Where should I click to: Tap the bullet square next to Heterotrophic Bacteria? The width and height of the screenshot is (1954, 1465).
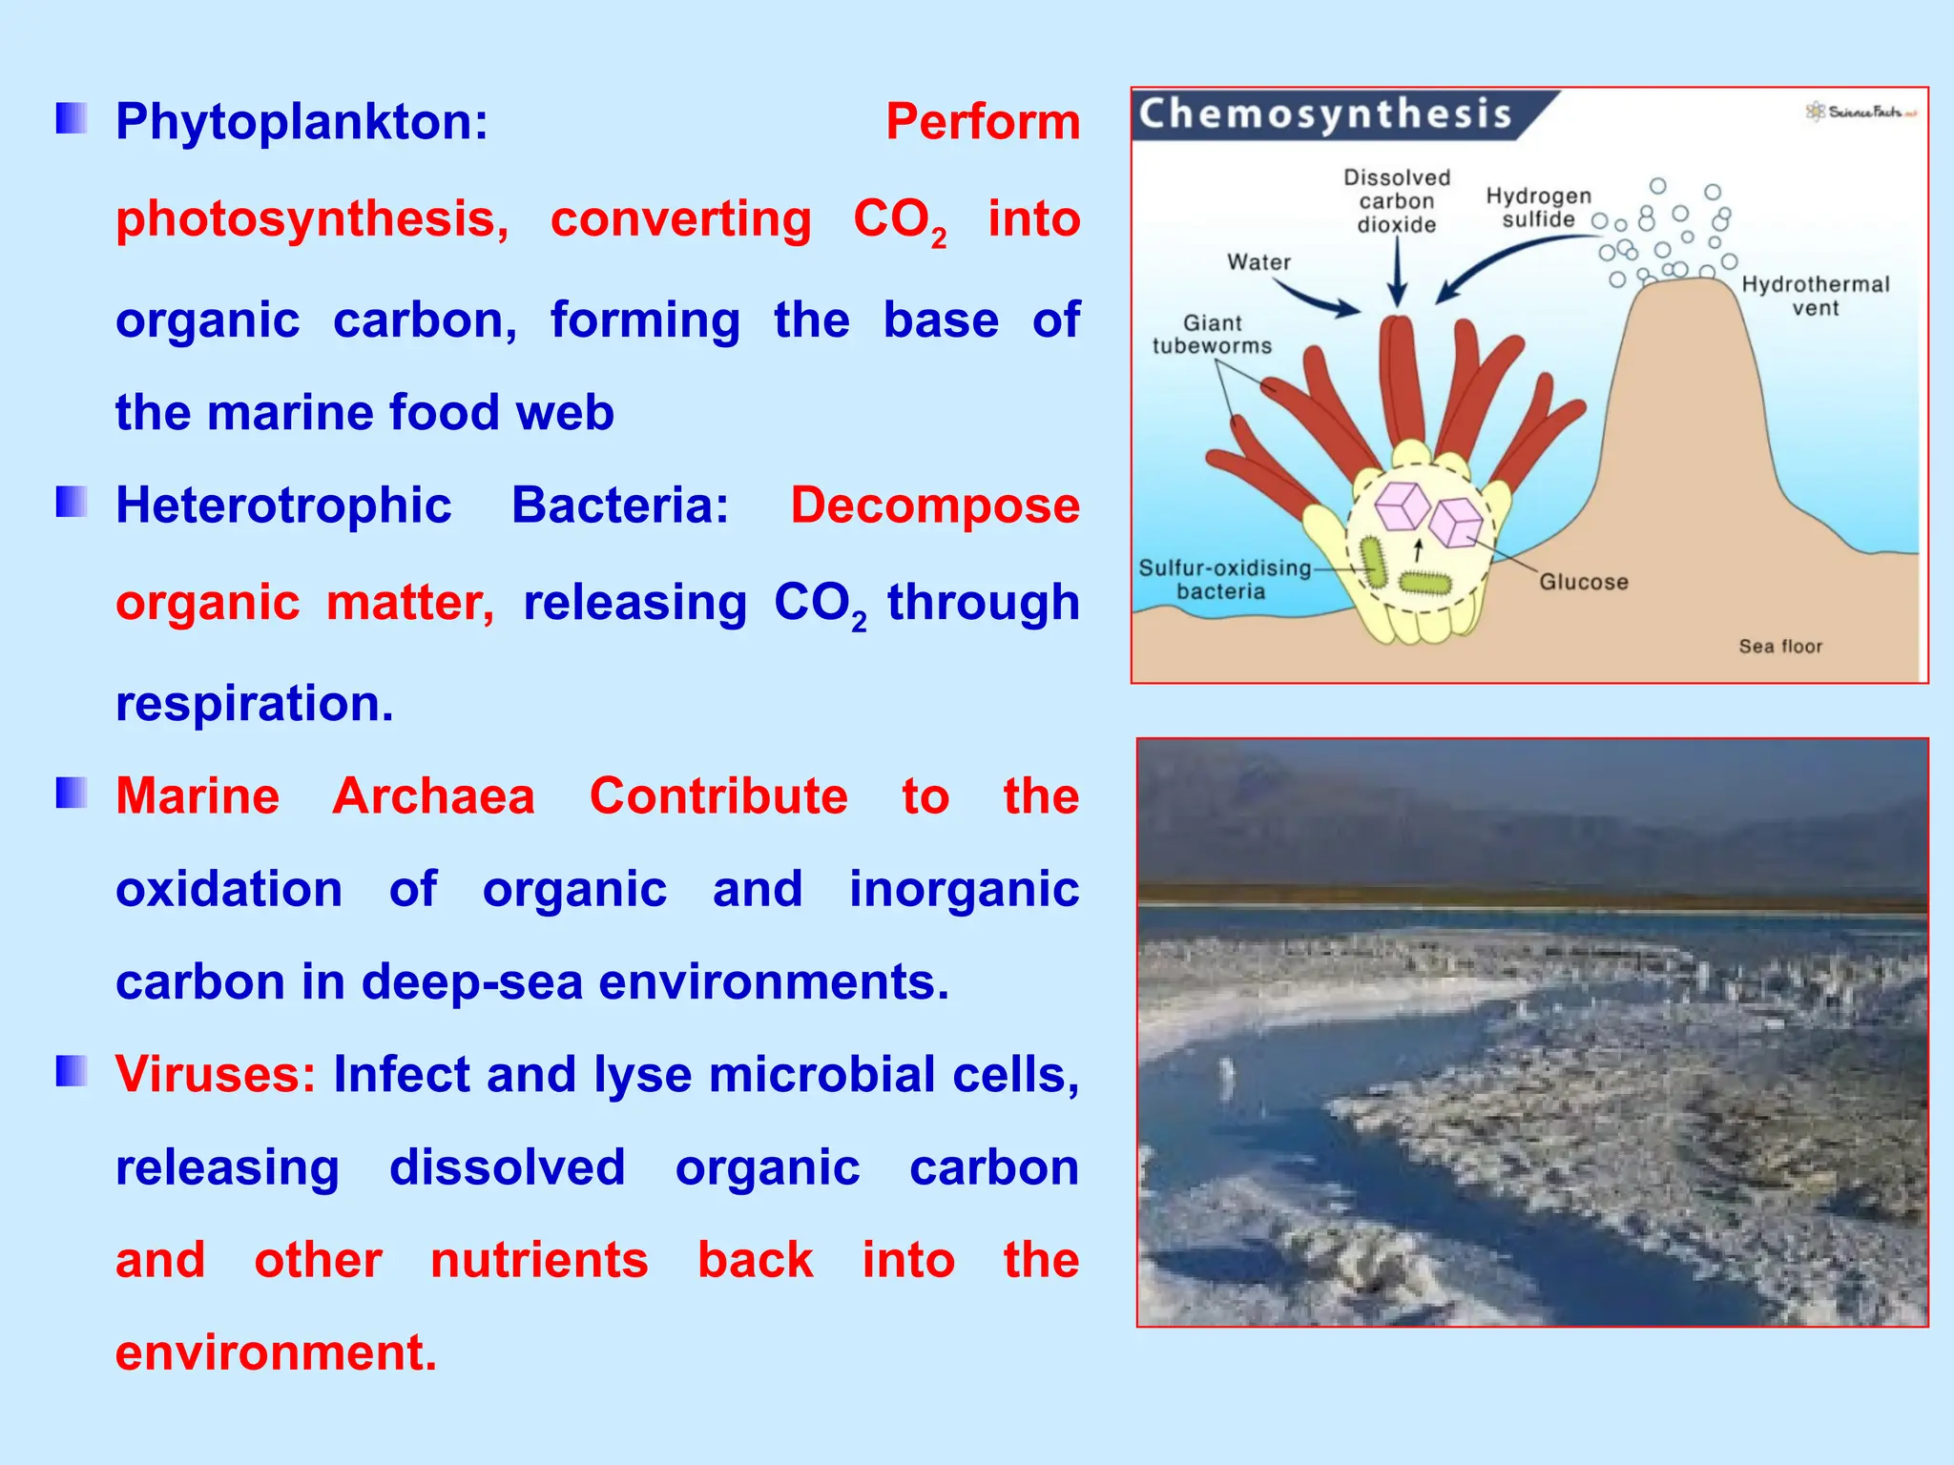coord(72,502)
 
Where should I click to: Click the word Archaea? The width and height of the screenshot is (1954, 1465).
coord(433,796)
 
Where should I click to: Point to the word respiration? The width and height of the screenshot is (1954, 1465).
coord(254,704)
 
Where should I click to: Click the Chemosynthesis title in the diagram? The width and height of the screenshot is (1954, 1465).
coord(1325,114)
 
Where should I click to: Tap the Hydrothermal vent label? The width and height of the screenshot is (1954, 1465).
coord(1815,296)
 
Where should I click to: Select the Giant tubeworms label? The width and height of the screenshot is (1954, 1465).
coord(1212,335)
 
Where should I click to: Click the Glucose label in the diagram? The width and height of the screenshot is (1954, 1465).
coord(1583,582)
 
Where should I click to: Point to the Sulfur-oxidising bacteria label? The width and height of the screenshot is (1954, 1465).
coord(1224,579)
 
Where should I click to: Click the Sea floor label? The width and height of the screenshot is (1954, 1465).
coord(1779,647)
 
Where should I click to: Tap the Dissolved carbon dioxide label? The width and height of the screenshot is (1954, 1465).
coord(1397,201)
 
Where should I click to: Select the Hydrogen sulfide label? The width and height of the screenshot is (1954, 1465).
coord(1538,208)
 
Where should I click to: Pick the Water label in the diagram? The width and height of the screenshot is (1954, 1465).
coord(1258,262)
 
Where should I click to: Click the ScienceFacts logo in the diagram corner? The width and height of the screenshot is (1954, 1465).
coord(1860,112)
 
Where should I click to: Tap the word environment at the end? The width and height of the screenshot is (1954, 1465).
coord(276,1353)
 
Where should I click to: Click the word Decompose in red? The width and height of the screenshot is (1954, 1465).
coord(934,506)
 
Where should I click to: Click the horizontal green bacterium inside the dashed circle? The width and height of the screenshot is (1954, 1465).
coord(1424,582)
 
